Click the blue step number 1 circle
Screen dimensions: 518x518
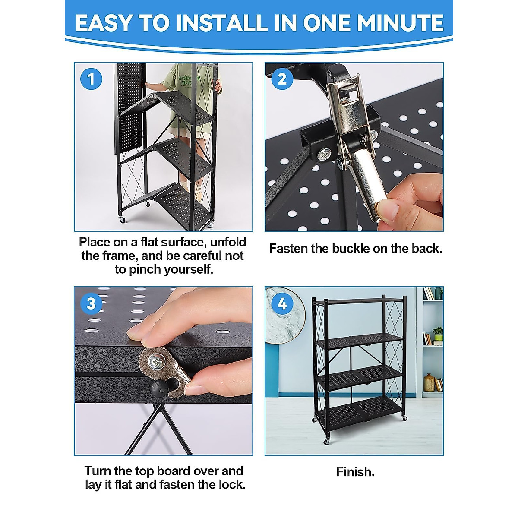(91, 79)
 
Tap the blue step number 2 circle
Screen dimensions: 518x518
(282, 79)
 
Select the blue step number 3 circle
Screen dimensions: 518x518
(91, 304)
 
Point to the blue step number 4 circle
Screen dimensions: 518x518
(282, 304)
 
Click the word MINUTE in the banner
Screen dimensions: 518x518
(373, 22)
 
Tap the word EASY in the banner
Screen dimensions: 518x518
(103, 22)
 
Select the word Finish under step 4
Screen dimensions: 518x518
(355, 472)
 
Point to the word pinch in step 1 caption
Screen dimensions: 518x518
(145, 269)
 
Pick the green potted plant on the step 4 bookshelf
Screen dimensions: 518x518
(438, 334)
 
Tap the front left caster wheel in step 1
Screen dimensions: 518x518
(122, 219)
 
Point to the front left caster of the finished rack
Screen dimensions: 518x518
(327, 441)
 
